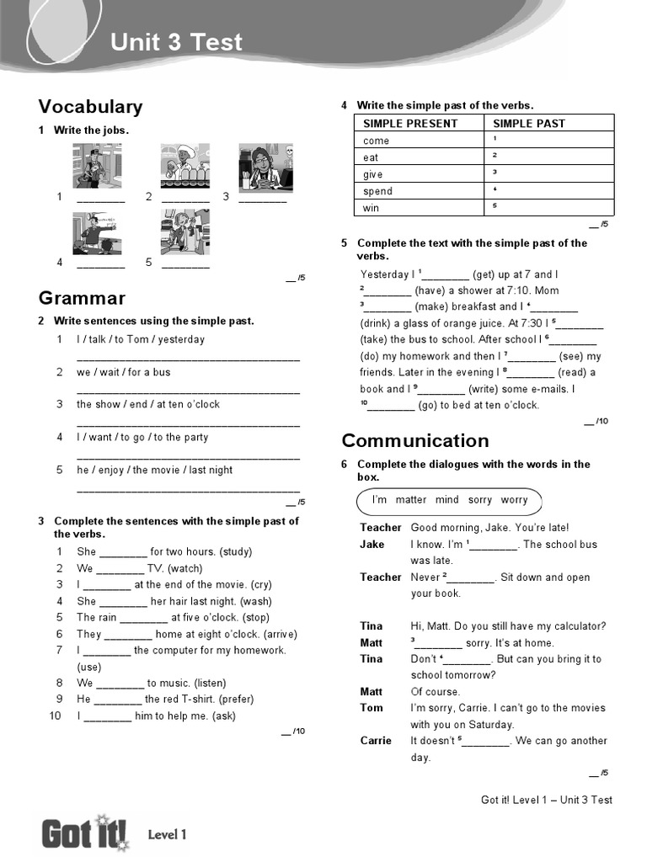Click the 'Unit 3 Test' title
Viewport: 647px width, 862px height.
pos(176,42)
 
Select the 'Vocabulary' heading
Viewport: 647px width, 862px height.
pos(90,106)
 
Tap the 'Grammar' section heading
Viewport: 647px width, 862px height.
pos(82,298)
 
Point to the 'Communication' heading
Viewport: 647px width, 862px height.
pos(414,440)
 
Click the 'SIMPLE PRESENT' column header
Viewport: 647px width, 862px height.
pos(410,124)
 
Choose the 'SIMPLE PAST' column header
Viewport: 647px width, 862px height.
pos(528,124)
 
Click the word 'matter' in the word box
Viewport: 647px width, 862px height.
pos(411,500)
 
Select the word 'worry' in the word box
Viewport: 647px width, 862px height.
pos(514,500)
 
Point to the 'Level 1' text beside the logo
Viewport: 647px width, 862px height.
pos(167,835)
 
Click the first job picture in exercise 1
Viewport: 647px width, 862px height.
pos(97,165)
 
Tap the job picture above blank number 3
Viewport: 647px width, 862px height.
pos(265,165)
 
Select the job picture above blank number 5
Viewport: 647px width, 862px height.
pos(185,231)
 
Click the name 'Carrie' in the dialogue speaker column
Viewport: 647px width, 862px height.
pos(376,741)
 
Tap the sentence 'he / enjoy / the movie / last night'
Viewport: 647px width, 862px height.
pos(155,470)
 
